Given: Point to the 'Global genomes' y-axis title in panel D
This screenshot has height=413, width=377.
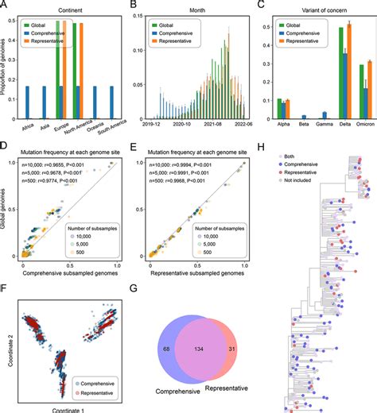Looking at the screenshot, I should [6, 210].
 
